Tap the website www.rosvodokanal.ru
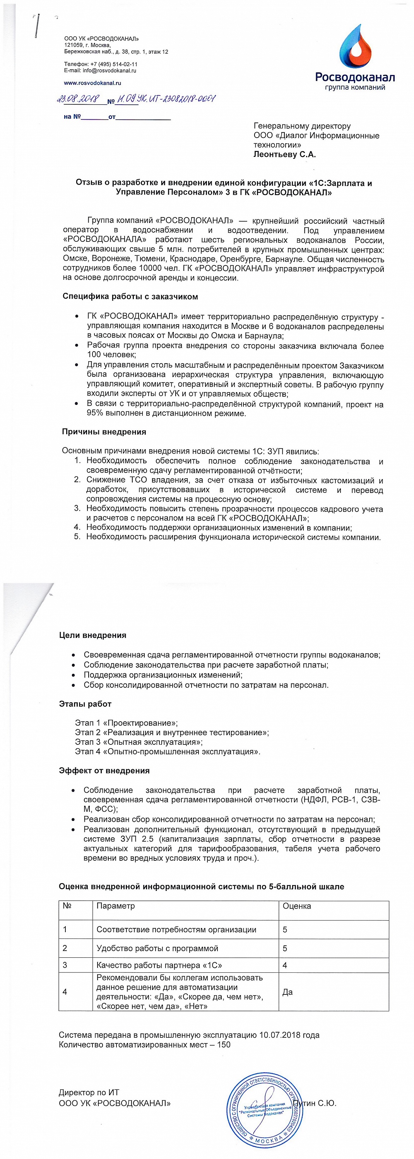pos(92,83)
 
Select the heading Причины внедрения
pos(104,432)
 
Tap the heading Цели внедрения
pos(92,635)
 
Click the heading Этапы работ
pos(85,704)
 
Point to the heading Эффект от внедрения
pos(104,771)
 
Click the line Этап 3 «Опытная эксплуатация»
pos(139,742)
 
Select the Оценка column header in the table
pos(296,906)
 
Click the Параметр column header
pos(115,906)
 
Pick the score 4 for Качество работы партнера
pos(285,965)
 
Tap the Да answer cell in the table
pos(287,992)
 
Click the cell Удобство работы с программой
pos(157,948)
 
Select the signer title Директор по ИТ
pos(89,1093)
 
